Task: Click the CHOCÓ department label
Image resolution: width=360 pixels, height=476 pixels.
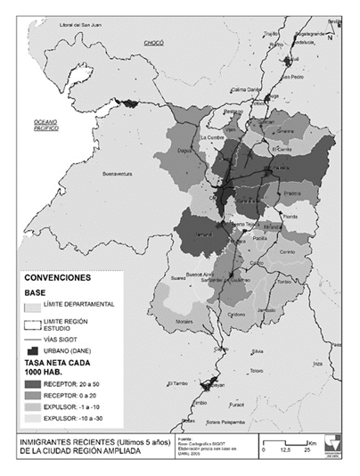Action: point(155,42)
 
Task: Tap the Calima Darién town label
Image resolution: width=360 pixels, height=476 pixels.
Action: point(249,90)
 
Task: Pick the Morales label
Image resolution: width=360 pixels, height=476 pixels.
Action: point(184,320)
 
